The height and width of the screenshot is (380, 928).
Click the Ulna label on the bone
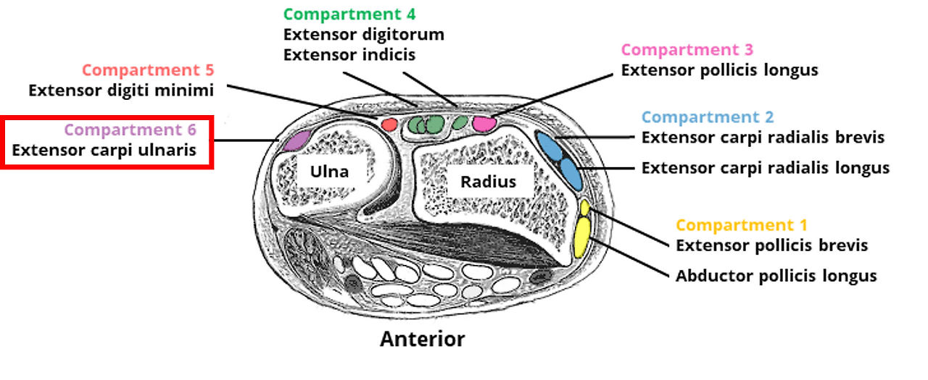(330, 172)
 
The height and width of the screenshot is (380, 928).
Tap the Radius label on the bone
(488, 181)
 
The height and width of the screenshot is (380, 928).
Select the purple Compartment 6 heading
(130, 130)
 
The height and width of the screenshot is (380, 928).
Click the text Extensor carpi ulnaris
(104, 151)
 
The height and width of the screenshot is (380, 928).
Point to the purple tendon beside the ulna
(296, 139)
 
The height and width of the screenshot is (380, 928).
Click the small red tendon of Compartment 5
(389, 124)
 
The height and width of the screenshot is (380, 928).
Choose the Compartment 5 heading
(148, 70)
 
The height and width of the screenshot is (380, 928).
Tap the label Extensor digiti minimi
(121, 90)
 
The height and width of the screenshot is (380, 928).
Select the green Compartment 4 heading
(349, 14)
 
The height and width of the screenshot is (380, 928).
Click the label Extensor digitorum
(363, 34)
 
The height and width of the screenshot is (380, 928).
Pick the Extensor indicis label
(349, 54)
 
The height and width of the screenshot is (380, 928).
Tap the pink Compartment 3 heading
(687, 50)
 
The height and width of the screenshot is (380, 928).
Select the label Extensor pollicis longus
(719, 70)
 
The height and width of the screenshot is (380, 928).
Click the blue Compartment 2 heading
(707, 117)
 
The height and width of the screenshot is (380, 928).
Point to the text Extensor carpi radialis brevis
(763, 138)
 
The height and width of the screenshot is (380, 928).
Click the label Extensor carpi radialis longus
(765, 168)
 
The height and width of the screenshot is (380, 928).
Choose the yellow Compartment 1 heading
(741, 225)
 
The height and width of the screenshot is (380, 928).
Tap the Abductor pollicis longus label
(776, 276)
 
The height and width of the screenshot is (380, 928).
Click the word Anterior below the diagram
(422, 339)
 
